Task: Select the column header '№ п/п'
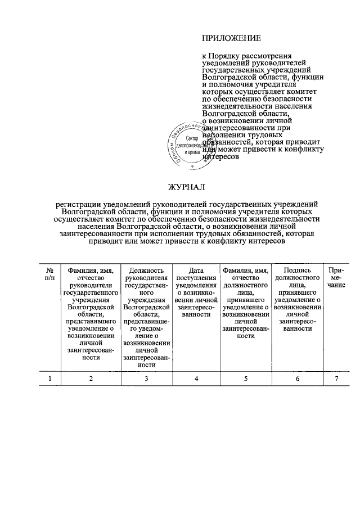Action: click(50, 274)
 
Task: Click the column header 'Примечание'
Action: click(337, 277)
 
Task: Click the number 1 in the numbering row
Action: click(50, 379)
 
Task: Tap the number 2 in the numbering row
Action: click(91, 379)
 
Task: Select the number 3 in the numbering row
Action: click(146, 379)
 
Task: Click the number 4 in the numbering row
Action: click(196, 379)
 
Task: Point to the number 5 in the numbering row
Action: click(246, 379)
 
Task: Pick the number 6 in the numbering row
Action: click(298, 379)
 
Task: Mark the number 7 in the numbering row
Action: click(336, 379)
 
